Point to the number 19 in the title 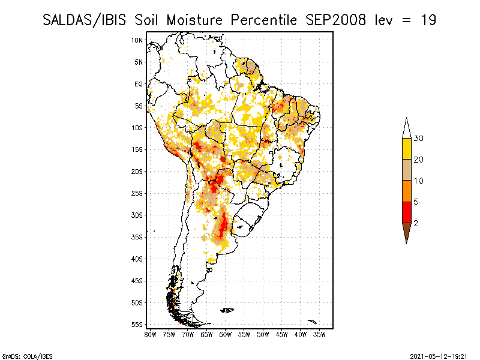click(x=428, y=20)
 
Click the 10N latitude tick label click(x=137, y=40)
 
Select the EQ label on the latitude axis click(x=139, y=84)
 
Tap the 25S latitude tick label click(x=137, y=193)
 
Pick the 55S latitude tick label click(x=137, y=325)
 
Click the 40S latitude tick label click(x=137, y=259)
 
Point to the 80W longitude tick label click(x=151, y=334)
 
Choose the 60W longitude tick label click(x=226, y=334)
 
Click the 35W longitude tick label click(x=319, y=334)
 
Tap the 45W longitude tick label click(x=282, y=334)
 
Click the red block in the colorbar click(x=406, y=212)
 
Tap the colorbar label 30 click(x=419, y=139)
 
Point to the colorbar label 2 click(x=416, y=223)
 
